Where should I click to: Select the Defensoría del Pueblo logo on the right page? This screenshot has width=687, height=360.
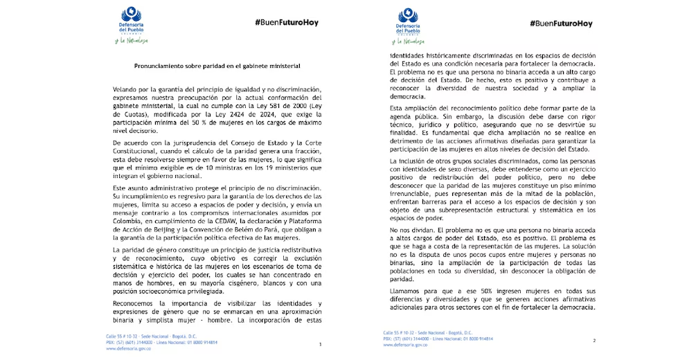(413, 21)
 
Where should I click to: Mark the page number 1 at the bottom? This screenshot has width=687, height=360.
(319, 344)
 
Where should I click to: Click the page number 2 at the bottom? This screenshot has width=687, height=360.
(594, 341)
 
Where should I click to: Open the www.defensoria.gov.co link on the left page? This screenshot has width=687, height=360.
(129, 349)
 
